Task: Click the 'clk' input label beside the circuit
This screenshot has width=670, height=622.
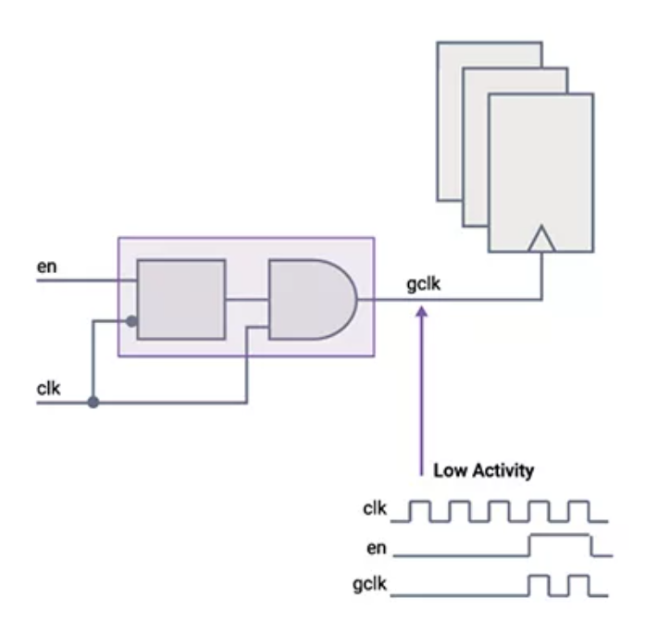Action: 47,389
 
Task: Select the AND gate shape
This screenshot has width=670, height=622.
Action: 311,299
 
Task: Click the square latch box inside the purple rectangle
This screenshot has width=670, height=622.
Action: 180,299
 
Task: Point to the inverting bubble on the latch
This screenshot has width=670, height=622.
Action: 132,322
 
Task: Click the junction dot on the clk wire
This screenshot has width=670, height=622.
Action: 93,403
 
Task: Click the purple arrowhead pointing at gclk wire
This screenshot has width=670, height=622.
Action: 422,316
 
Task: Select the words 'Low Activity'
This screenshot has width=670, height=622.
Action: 483,471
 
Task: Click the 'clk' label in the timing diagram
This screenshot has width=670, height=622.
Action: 375,508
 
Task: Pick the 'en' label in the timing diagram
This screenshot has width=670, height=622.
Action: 377,548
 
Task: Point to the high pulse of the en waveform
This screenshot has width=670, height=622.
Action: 559,544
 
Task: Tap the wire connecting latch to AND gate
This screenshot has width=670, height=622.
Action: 246,299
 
